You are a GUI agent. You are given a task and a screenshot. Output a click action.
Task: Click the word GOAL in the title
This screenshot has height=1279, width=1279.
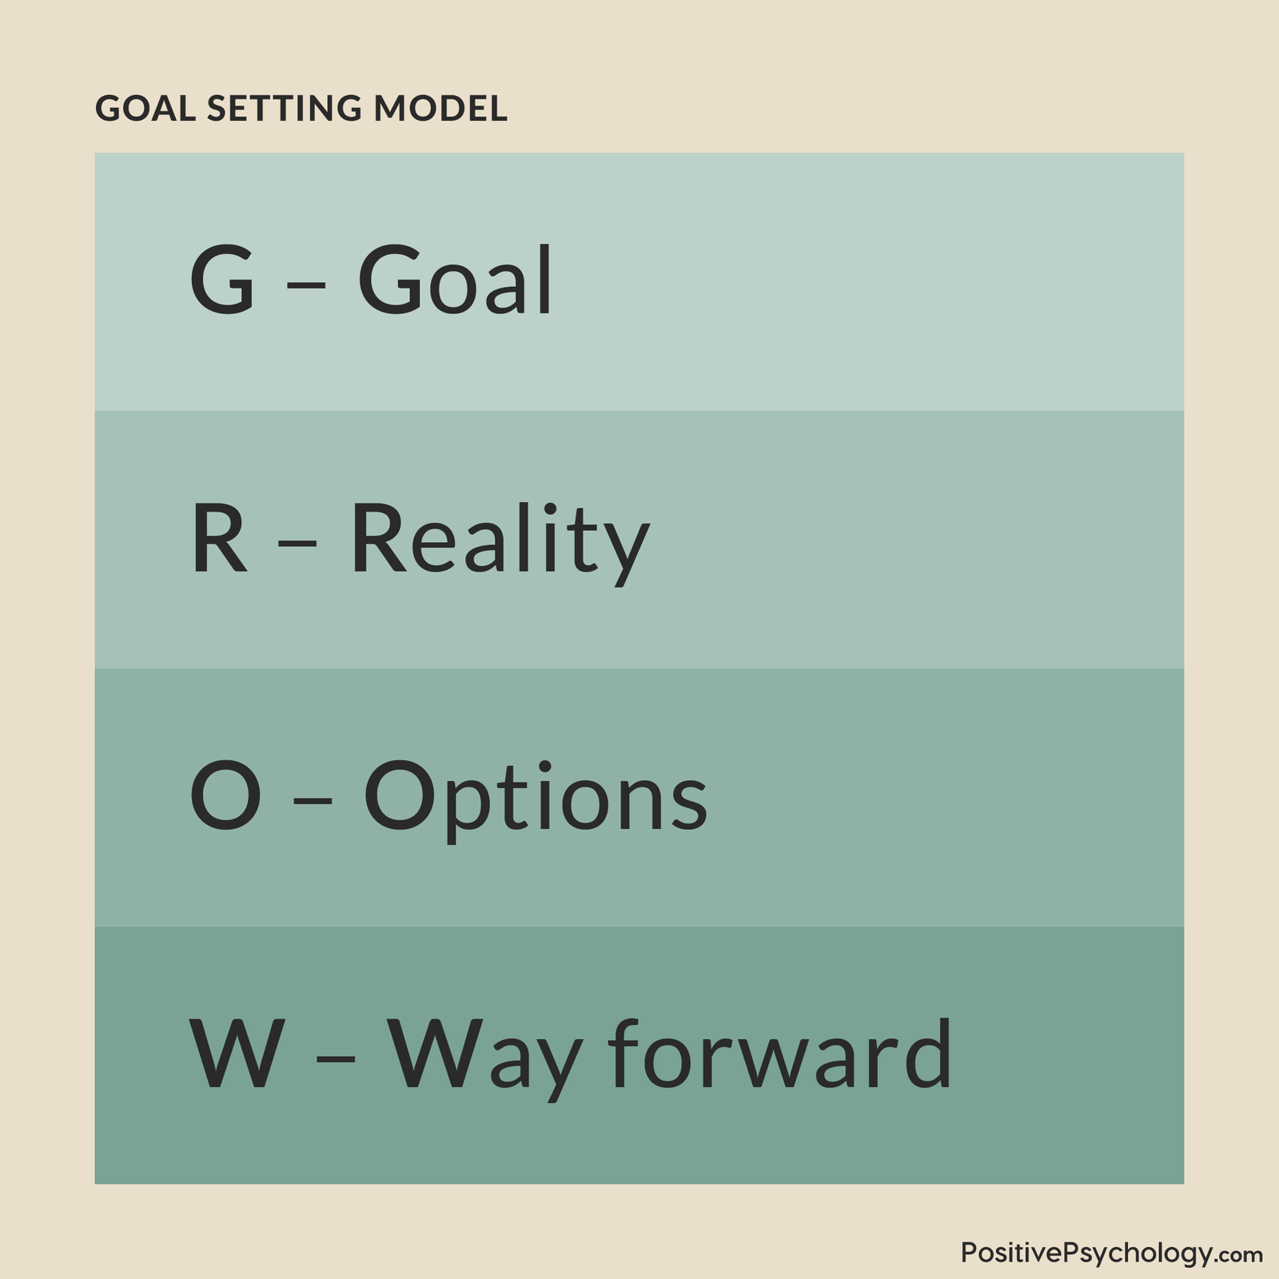coord(145,109)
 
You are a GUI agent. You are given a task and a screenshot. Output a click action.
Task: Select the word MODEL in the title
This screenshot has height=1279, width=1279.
coord(440,109)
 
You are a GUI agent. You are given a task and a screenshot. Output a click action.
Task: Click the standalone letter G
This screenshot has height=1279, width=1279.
coord(222,279)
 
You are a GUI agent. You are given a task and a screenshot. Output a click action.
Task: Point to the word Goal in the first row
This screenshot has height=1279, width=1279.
coord(454,279)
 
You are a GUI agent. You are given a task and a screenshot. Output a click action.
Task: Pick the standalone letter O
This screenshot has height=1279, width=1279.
coord(225,795)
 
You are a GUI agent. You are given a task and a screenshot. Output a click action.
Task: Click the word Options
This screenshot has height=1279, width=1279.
coord(536,799)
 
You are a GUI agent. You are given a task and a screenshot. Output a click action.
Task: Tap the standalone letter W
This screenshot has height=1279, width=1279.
coord(237,1054)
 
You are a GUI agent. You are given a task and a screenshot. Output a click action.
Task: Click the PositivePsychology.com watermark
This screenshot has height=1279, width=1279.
coord(1112,1253)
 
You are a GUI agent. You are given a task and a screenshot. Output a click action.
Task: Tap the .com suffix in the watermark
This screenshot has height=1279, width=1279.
coord(1241,1256)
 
